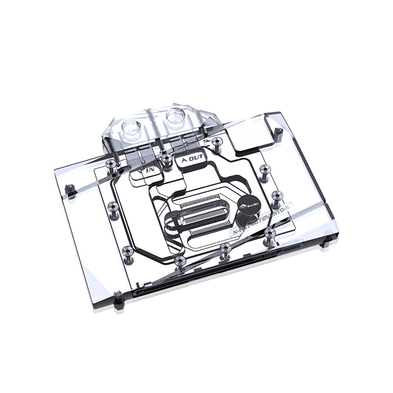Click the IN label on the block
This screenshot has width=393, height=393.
click(x=150, y=171)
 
